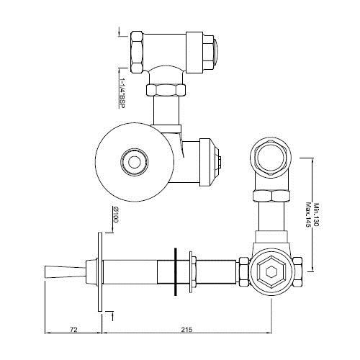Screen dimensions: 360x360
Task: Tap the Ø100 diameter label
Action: pos(115,216)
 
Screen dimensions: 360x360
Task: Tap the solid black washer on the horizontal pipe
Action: pos(174,273)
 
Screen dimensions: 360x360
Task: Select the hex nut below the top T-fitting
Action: pos(164,90)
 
